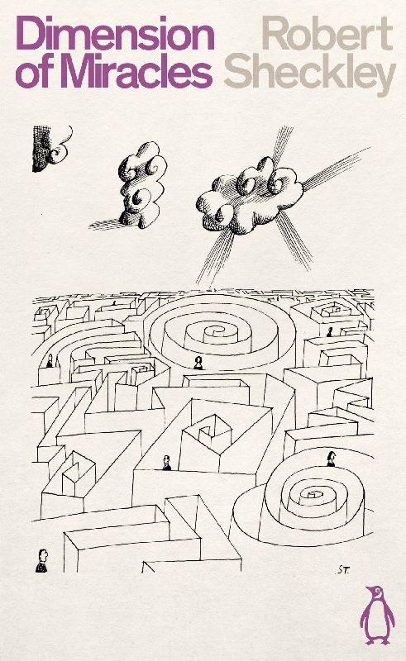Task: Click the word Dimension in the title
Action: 115,33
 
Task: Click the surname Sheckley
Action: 310,75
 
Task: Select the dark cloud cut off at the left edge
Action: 51,149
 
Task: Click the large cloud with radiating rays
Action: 249,195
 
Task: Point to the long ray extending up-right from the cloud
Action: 337,169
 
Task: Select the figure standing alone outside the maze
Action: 41,561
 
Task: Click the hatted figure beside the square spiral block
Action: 167,463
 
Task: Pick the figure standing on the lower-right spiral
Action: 331,459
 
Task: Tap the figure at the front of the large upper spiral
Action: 198,363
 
